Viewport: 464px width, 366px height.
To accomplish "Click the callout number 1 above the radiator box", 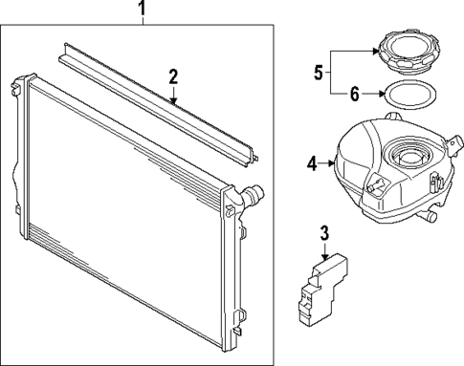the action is pyautogui.click(x=142, y=9).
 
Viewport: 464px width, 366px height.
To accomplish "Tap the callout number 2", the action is pyautogui.click(x=173, y=76).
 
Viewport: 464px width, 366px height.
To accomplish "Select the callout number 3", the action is pyautogui.click(x=324, y=233).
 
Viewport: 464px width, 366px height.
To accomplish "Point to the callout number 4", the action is pyautogui.click(x=312, y=164).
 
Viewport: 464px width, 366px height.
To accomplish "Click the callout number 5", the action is pyautogui.click(x=319, y=72).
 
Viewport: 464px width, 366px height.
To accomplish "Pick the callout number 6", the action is pyautogui.click(x=354, y=95).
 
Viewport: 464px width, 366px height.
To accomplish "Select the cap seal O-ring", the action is pyautogui.click(x=410, y=95).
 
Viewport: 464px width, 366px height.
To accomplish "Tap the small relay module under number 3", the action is pyautogui.click(x=322, y=290).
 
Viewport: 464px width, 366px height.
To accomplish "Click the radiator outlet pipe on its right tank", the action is pyautogui.click(x=252, y=194).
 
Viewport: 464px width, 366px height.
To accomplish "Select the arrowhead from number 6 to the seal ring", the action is pyautogui.click(x=382, y=94).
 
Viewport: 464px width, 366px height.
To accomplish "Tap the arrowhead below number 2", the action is pyautogui.click(x=173, y=100).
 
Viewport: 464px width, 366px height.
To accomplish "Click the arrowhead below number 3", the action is pyautogui.click(x=324, y=257).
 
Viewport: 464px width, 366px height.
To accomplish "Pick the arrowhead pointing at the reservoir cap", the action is pyautogui.click(x=375, y=51).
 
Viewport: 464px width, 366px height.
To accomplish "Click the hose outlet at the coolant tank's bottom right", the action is pyautogui.click(x=427, y=218).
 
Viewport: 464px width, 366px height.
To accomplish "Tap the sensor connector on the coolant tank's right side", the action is pyautogui.click(x=454, y=144).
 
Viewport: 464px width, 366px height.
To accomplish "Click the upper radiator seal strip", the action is pyautogui.click(x=158, y=104).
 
